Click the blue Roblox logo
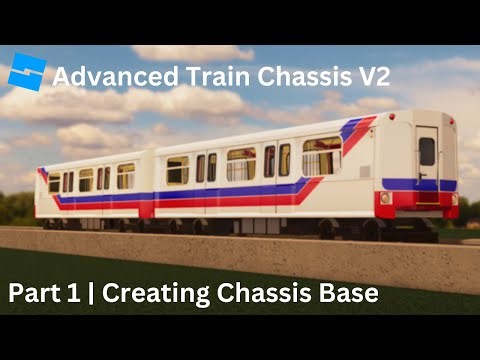coord(26,74)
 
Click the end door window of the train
coord(427,151)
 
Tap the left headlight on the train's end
coord(386,198)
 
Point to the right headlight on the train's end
coord(453,198)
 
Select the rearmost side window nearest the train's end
coord(322,156)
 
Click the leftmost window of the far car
coord(54,182)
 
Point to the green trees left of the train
coord(15,208)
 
